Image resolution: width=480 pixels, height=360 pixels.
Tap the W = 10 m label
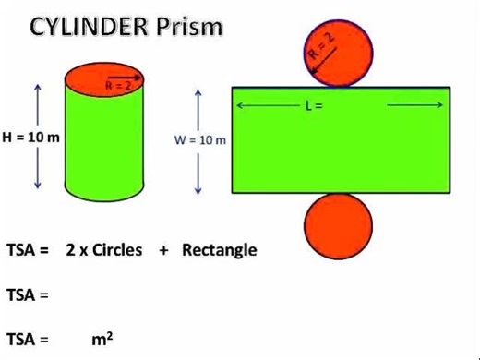click(200, 139)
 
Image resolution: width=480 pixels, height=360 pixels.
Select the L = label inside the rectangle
click(313, 105)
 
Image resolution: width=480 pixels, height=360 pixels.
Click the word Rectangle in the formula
click(220, 250)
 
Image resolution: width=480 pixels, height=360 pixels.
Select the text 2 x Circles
click(104, 250)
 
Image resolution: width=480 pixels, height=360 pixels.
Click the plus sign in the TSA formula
click(162, 251)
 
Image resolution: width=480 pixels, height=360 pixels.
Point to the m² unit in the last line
click(102, 338)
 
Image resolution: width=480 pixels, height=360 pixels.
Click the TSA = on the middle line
click(27, 295)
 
